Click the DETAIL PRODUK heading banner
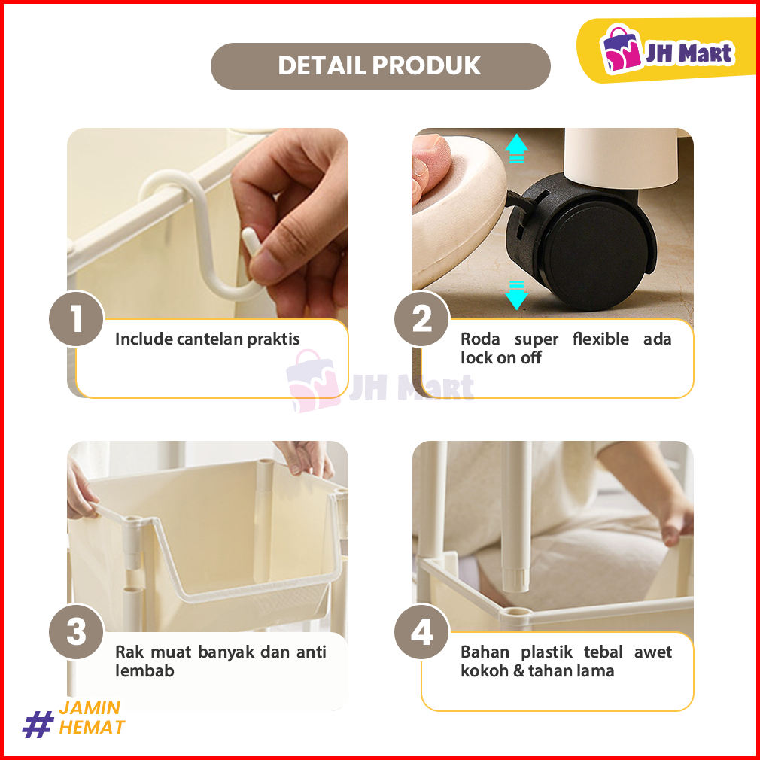(x=381, y=66)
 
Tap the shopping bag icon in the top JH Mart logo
(x=620, y=48)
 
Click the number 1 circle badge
(x=76, y=318)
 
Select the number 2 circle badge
(x=421, y=318)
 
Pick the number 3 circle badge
(x=76, y=631)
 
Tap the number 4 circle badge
(x=421, y=631)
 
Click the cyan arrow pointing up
(x=517, y=147)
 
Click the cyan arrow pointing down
(x=517, y=295)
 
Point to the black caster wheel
(x=581, y=242)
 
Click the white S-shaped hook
(x=204, y=233)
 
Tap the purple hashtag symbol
(x=38, y=724)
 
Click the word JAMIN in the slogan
(x=90, y=707)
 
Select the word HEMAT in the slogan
(x=92, y=728)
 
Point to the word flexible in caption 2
(x=600, y=339)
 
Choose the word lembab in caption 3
(x=144, y=670)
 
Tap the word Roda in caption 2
(x=480, y=339)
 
